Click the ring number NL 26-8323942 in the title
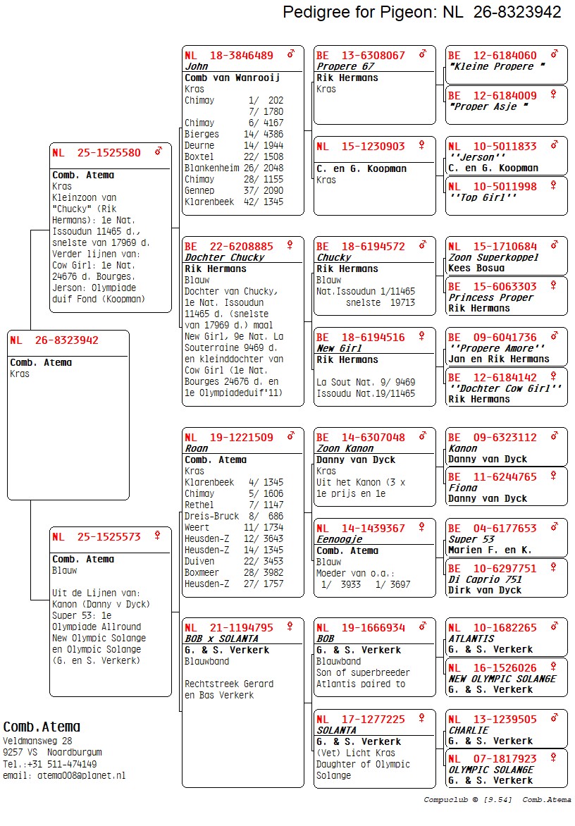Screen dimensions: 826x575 pyautogui.click(x=502, y=12)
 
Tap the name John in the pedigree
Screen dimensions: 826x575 pyautogui.click(x=197, y=66)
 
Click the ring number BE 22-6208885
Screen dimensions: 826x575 pyautogui.click(x=229, y=246)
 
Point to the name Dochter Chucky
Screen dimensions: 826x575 pyautogui.click(x=224, y=257)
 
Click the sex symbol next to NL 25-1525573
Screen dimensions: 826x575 pyautogui.click(x=157, y=536)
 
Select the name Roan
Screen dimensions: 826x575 pyautogui.click(x=197, y=448)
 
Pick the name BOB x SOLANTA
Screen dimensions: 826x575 pyautogui.click(x=219, y=639)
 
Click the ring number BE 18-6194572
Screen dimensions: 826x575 pyautogui.click(x=361, y=246)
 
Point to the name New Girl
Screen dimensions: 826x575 pyautogui.click(x=339, y=348)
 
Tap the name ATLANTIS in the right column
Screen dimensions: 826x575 pyautogui.click(x=471, y=639)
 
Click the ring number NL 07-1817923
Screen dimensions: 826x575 pyautogui.click(x=493, y=758)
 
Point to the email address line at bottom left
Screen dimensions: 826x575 pyautogui.click(x=64, y=775)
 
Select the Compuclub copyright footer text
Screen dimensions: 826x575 pyautogui.click(x=497, y=800)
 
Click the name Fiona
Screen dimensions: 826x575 pyautogui.click(x=463, y=488)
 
